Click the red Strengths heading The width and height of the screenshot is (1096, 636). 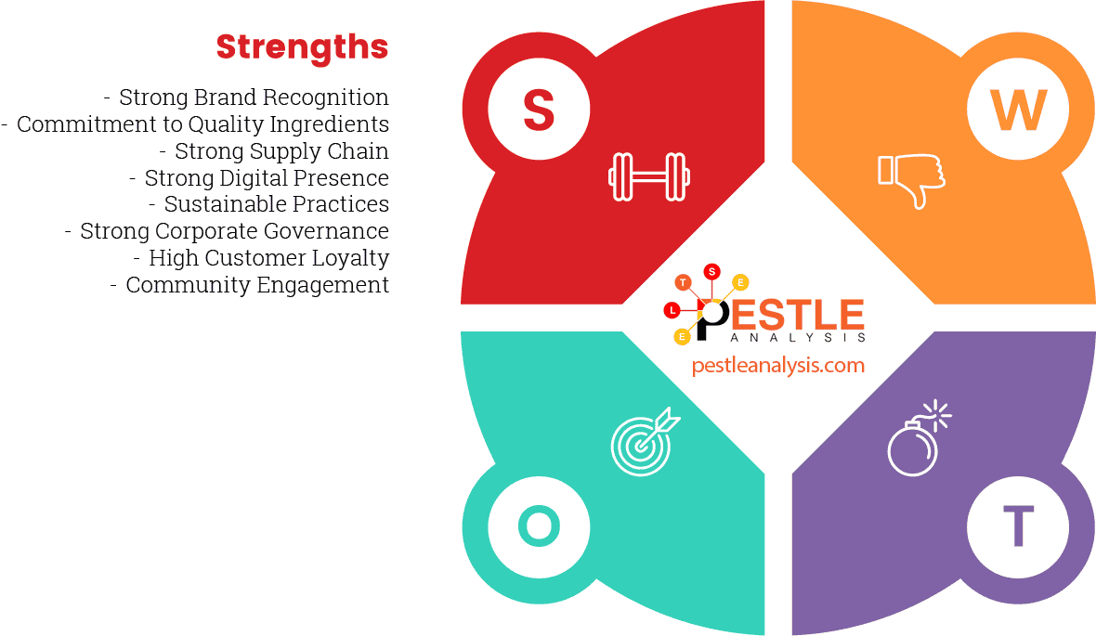tap(302, 46)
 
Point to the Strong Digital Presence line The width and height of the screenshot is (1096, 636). tap(267, 177)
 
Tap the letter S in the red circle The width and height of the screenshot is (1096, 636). tap(539, 110)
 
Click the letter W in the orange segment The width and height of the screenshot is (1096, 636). tap(1018, 110)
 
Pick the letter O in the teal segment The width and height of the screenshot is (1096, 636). tap(539, 526)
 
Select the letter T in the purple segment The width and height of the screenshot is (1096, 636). tap(1018, 526)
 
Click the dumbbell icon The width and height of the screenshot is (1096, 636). tap(649, 175)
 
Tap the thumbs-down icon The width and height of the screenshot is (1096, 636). tap(911, 179)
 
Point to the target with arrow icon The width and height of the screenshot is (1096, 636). tap(644, 440)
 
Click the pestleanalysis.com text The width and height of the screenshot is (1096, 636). tap(778, 365)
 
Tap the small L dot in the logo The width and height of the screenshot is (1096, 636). tap(672, 310)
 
